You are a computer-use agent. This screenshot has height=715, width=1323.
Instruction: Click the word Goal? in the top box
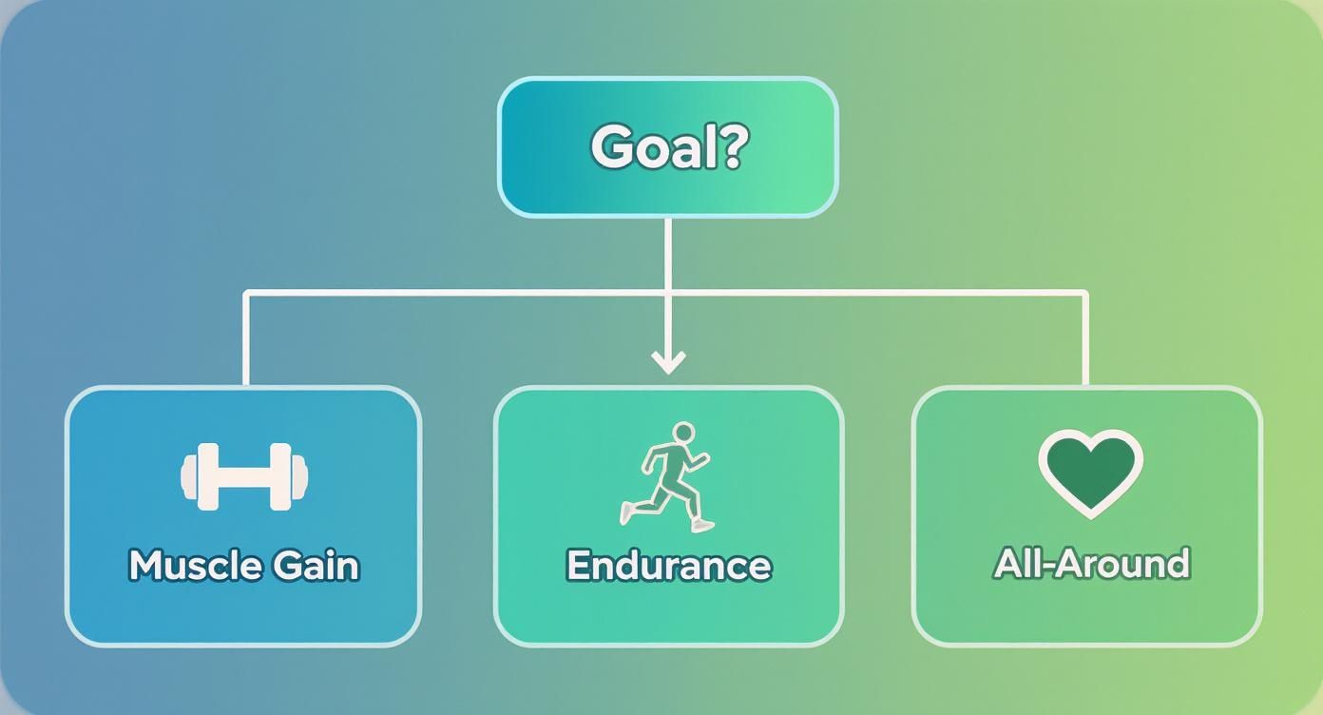668,147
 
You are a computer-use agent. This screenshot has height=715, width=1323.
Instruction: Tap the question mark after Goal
731,147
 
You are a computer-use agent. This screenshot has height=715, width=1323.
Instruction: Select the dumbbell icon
244,476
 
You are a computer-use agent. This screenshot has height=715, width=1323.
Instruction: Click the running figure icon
669,475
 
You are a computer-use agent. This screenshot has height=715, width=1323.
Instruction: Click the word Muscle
196,565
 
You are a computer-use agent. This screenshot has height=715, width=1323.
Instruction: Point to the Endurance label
668,565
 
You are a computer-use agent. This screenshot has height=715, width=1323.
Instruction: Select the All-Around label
1091,563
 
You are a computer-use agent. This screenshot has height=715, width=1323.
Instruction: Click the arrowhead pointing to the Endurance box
668,361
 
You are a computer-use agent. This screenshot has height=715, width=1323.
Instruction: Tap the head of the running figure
682,434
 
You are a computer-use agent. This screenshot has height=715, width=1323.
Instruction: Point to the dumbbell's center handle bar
244,476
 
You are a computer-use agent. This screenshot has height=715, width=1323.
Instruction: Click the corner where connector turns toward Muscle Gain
247,294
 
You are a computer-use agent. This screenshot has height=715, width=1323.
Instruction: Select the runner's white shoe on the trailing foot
626,514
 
